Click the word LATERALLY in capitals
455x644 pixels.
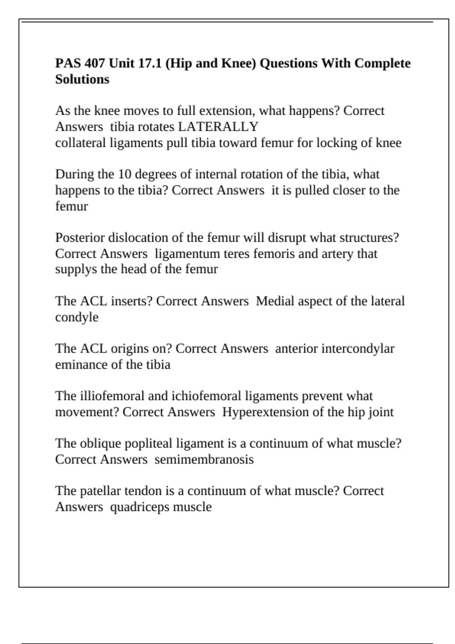(x=218, y=127)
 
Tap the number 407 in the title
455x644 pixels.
(x=94, y=63)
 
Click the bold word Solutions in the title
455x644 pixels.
(x=82, y=79)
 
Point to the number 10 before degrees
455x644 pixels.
(x=124, y=174)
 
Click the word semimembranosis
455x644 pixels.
(x=204, y=460)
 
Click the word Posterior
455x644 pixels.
(x=80, y=238)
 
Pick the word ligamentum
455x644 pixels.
(x=187, y=253)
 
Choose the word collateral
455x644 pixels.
(x=80, y=143)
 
